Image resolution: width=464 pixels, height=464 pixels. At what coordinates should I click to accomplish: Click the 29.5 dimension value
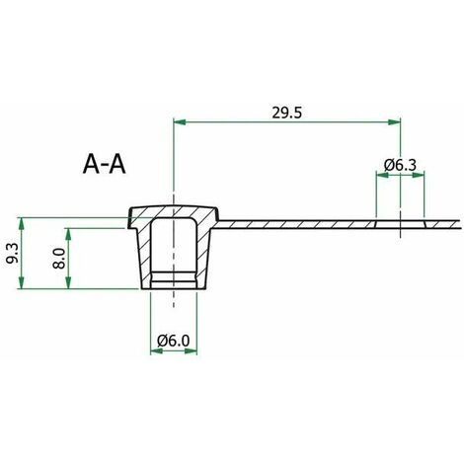(x=286, y=113)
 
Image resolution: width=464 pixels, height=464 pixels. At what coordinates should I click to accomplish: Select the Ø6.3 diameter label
(x=400, y=165)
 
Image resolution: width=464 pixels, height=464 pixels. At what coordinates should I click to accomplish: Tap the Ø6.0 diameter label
(x=174, y=341)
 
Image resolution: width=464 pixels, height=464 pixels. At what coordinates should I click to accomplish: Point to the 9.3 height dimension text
(x=12, y=254)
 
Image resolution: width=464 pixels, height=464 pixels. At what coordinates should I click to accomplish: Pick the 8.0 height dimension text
(x=59, y=259)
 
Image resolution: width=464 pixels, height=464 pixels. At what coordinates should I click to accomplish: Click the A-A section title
(x=104, y=164)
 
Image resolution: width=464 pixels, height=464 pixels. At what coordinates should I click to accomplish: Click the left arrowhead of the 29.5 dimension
(x=180, y=122)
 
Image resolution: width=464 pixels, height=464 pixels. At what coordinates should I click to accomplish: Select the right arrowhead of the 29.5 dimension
(x=394, y=122)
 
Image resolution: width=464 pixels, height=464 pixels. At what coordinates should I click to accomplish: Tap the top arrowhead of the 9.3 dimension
(x=22, y=224)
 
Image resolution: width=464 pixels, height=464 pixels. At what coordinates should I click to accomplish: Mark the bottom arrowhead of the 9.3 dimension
(x=22, y=282)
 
